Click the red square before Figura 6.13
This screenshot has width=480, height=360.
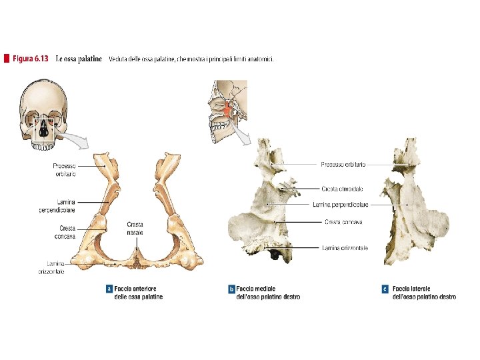pos(7,59)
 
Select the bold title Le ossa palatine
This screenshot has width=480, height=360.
pos(79,59)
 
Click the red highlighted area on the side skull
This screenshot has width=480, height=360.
pos(229,109)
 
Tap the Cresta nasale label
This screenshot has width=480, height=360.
pos(135,229)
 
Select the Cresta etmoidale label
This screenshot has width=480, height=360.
pos(343,189)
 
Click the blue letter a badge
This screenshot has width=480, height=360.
pos(109,289)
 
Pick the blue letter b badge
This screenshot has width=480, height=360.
pos(231,289)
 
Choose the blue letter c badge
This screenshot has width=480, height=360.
pos(385,289)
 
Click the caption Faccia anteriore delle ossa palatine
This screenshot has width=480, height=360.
pos(139,293)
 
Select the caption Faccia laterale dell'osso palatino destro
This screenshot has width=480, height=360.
pos(424,293)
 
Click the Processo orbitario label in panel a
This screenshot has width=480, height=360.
pos(64,169)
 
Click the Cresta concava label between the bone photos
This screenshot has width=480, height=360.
pos(343,221)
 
